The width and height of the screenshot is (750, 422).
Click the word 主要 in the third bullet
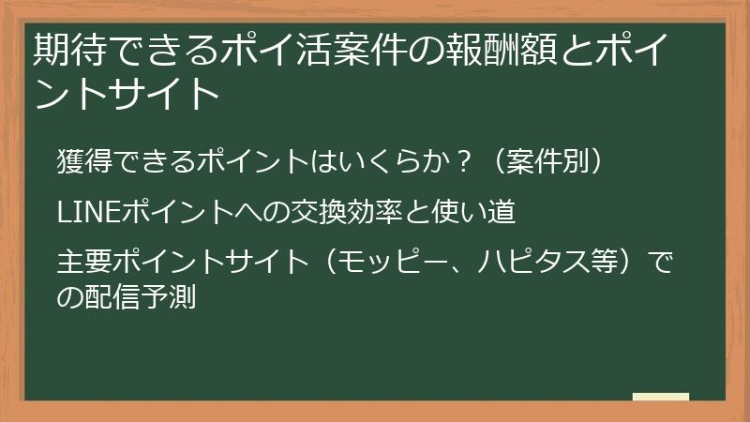[x=80, y=257]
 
